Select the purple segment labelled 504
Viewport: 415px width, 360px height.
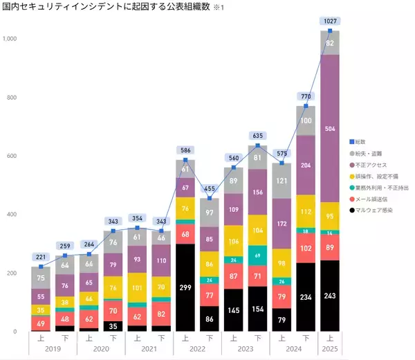[330, 128]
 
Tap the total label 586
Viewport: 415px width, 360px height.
[185, 150]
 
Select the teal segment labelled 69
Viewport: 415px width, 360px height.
[257, 255]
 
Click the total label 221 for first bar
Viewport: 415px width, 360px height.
[40, 257]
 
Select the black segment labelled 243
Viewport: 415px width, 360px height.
[330, 295]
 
